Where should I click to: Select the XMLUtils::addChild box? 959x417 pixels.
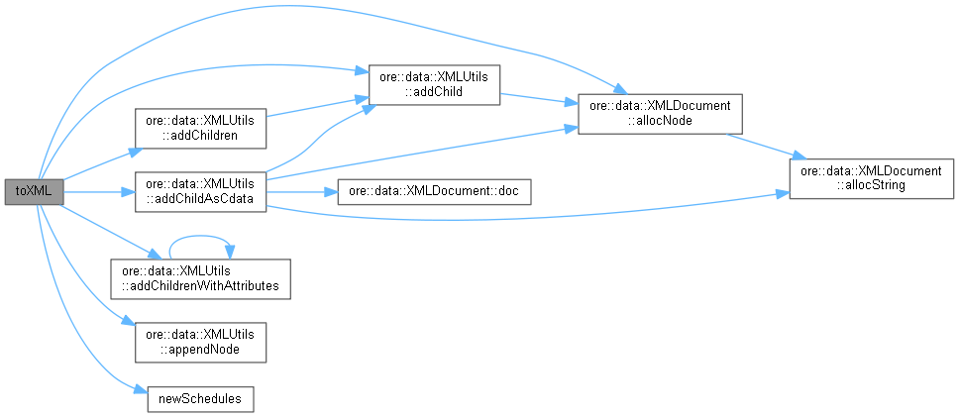pos(433,83)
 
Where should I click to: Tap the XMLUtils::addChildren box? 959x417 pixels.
pos(200,128)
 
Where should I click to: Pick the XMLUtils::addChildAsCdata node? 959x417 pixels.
pos(200,192)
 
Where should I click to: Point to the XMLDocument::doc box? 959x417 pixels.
pos(434,192)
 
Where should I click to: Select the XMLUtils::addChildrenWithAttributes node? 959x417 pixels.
pos(200,278)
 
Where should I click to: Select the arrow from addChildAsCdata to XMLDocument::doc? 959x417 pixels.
pos(302,192)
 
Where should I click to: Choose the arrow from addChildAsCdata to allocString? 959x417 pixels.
pos(525,218)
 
